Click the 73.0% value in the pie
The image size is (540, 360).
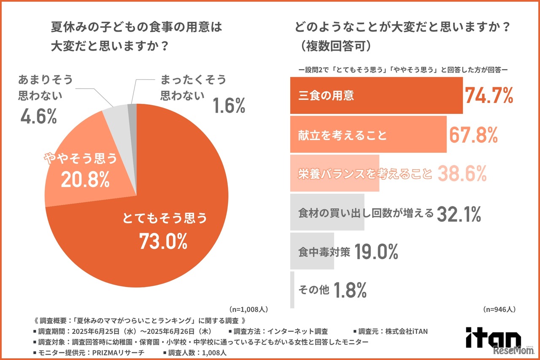[163, 242]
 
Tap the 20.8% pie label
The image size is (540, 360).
[85, 180]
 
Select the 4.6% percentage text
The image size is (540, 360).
[38, 116]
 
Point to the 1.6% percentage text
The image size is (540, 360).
[229, 106]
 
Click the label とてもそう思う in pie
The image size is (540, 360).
[165, 219]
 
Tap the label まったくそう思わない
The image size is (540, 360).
[193, 87]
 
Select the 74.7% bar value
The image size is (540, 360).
[489, 96]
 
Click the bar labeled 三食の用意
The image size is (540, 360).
[376, 96]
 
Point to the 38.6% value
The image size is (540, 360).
[462, 173]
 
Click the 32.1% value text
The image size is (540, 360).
[459, 214]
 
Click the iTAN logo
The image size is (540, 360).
[493, 338]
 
